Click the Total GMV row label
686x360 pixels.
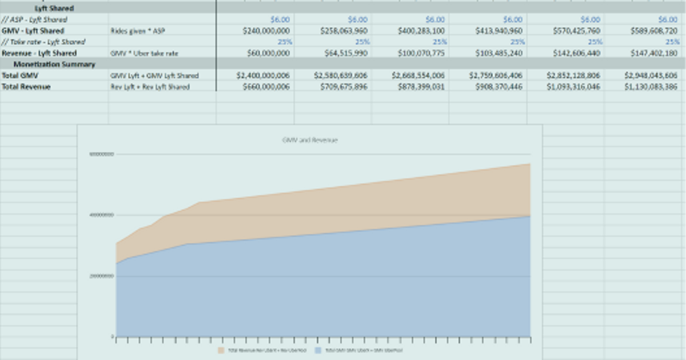(18, 75)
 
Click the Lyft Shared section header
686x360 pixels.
(54, 9)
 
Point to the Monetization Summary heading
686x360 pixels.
(54, 65)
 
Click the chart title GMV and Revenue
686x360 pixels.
(309, 140)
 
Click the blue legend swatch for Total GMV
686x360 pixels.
(318, 350)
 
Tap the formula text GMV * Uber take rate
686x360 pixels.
(144, 53)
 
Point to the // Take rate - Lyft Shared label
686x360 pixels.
(43, 42)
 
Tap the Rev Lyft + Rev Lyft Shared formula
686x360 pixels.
(150, 87)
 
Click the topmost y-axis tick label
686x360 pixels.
(102, 154)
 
